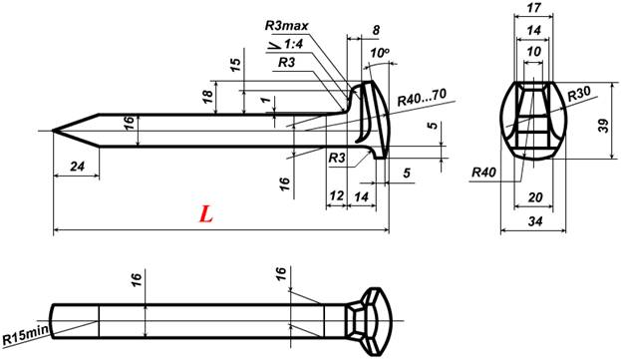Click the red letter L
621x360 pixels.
[x=206, y=213]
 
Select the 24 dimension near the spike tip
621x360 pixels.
[x=78, y=167]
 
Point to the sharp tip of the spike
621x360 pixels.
[x=53, y=131]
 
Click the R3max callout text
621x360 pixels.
[x=286, y=26]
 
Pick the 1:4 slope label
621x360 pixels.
[x=293, y=44]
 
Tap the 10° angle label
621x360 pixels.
[x=380, y=52]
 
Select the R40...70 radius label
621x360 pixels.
[x=423, y=97]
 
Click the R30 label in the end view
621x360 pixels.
[x=578, y=94]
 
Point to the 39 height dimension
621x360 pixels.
[x=604, y=126]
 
